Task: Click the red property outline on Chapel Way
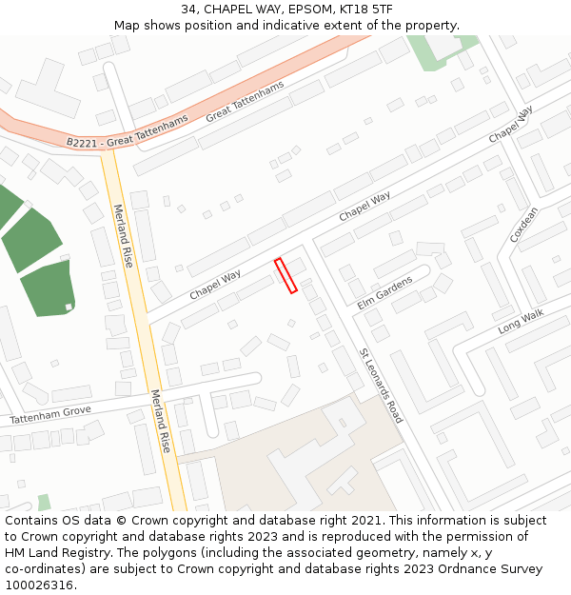pos(285,276)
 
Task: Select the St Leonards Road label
pos(381,385)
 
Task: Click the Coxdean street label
pos(523,225)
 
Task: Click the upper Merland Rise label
pos(123,235)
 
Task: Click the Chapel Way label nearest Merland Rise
pos(215,284)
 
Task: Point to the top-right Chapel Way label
pos(510,126)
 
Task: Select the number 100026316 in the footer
pos(39,585)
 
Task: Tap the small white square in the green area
pos(69,307)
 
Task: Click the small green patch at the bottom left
pos(44,502)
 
